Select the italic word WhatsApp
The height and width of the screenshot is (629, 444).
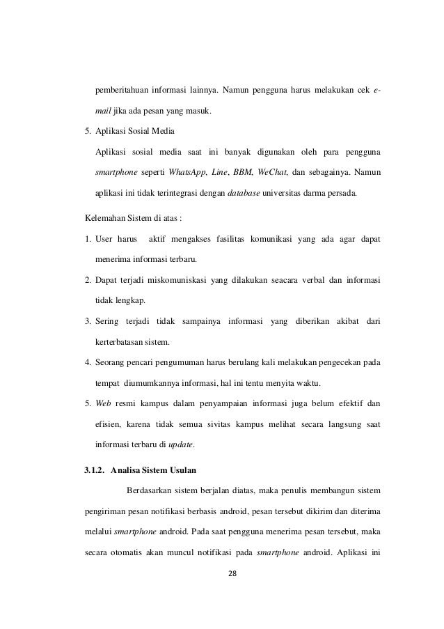coord(190,171)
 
